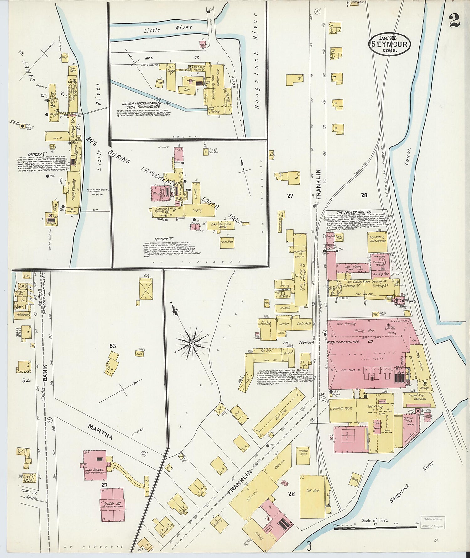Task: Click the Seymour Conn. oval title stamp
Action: (x=389, y=44)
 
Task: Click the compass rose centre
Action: (x=191, y=344)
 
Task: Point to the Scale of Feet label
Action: (x=374, y=520)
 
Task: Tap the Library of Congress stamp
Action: (x=432, y=523)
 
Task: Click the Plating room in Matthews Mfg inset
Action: (x=215, y=111)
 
